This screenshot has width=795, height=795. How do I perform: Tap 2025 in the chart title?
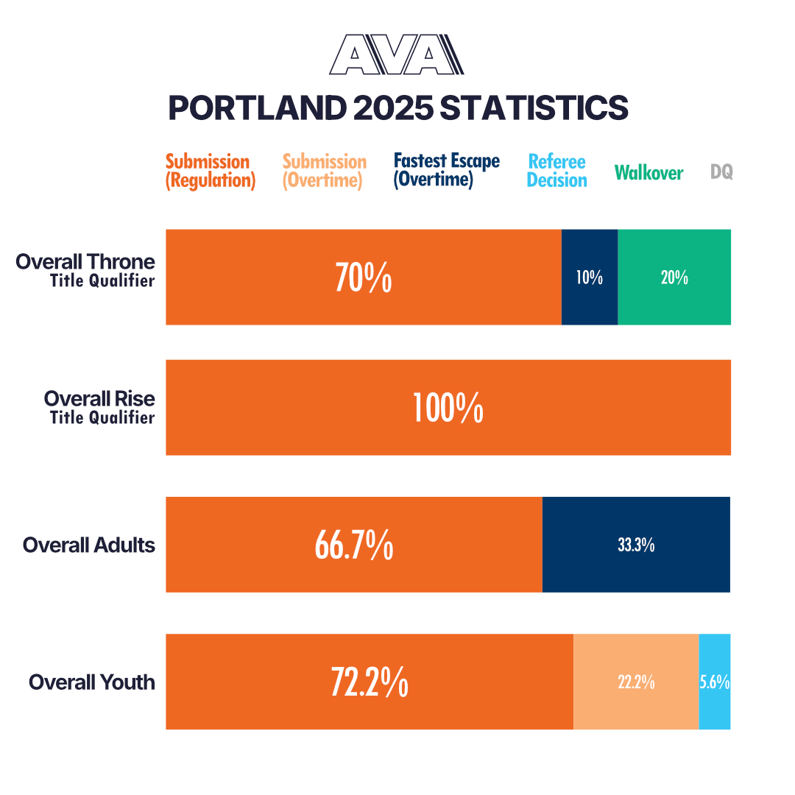point(391,107)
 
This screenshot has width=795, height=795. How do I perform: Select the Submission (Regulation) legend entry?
point(210,171)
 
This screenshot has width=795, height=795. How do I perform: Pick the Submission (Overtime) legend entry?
point(324,171)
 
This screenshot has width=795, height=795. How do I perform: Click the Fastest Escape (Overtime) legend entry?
point(446,170)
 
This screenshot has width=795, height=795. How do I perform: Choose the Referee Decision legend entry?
point(557,171)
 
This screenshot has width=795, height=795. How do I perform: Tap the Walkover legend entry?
point(649,173)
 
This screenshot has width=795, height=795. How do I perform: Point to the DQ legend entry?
point(721,172)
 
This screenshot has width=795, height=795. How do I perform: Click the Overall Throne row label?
point(85,269)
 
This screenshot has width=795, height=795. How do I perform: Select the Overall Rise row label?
point(99,406)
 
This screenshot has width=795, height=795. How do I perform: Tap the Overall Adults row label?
point(89,545)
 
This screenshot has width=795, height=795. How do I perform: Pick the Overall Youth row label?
point(92,682)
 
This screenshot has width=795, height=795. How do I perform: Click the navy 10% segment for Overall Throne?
point(590,278)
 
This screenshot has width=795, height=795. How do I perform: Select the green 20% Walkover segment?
point(674,278)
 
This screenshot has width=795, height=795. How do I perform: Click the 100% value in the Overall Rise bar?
point(448,408)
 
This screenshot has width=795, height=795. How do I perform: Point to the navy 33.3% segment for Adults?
point(636,545)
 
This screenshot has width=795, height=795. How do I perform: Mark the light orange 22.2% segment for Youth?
point(636,682)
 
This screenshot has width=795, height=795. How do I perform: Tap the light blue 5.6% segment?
point(715,682)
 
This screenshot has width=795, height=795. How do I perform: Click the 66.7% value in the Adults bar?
point(353,545)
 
